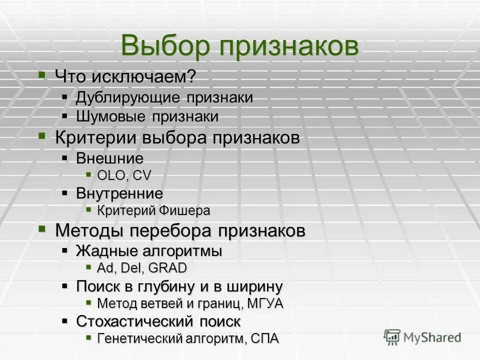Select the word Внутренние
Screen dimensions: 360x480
click(119, 193)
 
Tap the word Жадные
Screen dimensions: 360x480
click(102, 250)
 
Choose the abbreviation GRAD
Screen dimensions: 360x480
click(167, 268)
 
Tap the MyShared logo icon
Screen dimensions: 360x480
click(393, 337)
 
